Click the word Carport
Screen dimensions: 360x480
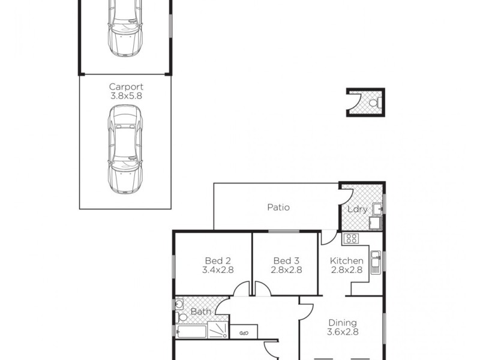pyautogui.click(x=126, y=86)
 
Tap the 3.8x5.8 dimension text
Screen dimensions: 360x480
pyautogui.click(x=126, y=95)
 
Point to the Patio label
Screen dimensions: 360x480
pyautogui.click(x=278, y=208)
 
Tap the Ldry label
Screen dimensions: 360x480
pyautogui.click(x=358, y=209)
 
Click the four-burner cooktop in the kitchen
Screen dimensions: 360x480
pyautogui.click(x=351, y=238)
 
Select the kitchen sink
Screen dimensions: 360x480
pyautogui.click(x=376, y=262)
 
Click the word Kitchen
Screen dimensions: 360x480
pyautogui.click(x=347, y=261)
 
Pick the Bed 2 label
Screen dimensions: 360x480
pyautogui.click(x=218, y=261)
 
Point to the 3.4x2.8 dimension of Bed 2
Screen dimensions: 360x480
pyautogui.click(x=218, y=270)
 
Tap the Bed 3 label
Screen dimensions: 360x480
pyautogui.click(x=286, y=261)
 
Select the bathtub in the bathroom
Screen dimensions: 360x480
pyautogui.click(x=191, y=331)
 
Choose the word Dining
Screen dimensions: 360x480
pyautogui.click(x=343, y=322)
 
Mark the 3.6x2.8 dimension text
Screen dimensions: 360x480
pyautogui.click(x=343, y=332)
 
